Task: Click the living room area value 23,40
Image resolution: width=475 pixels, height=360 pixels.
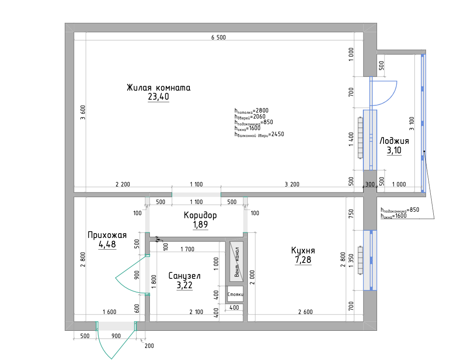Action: pyautogui.click(x=158, y=97)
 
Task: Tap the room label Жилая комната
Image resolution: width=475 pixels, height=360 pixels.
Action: pyautogui.click(x=158, y=88)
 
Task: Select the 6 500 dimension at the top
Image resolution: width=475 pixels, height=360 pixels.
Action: pyautogui.click(x=219, y=37)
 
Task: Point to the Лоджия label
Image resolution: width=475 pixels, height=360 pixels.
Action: pyautogui.click(x=394, y=141)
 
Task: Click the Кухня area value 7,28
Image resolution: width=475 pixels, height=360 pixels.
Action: pyautogui.click(x=303, y=260)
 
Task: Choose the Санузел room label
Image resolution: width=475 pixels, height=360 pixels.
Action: pyautogui.click(x=184, y=276)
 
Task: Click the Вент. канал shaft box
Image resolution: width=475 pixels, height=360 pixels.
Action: pyautogui.click(x=236, y=262)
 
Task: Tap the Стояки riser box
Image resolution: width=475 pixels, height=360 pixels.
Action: pyautogui.click(x=235, y=294)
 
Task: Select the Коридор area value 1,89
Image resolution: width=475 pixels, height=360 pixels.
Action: pyautogui.click(x=200, y=225)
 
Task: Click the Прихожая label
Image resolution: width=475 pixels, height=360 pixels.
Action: pyautogui.click(x=107, y=235)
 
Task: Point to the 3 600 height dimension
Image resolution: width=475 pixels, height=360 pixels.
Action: pyautogui.click(x=83, y=113)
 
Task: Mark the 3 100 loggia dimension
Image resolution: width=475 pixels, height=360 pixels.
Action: pyautogui.click(x=411, y=124)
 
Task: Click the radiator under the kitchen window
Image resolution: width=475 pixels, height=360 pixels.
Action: pyautogui.click(x=360, y=261)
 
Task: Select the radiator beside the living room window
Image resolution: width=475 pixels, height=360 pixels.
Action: pyautogui.click(x=360, y=138)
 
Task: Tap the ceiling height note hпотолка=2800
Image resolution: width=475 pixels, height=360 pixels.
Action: pyautogui.click(x=251, y=111)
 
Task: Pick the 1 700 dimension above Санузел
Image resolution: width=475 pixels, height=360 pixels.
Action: pyautogui.click(x=187, y=249)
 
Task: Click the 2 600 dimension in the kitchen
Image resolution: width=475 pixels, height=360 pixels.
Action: pyautogui.click(x=305, y=312)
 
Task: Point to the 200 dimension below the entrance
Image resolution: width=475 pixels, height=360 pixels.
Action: pyautogui.click(x=149, y=346)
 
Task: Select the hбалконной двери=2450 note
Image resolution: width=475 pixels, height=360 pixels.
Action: pyautogui.click(x=259, y=134)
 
